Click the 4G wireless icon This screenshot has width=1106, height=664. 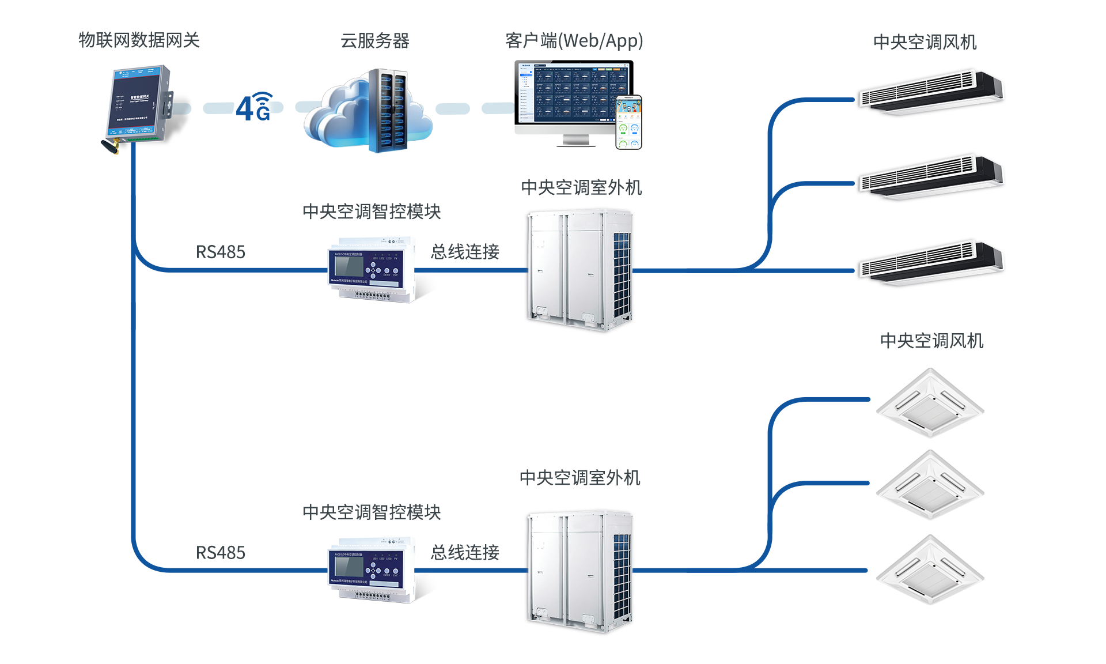point(254,107)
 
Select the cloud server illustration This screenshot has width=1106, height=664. point(369,110)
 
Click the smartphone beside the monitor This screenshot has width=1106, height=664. point(628,122)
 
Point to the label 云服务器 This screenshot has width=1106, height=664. point(375,41)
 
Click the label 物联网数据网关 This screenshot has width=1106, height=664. point(139,40)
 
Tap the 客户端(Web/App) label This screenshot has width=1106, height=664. point(574,41)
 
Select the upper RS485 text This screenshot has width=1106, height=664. point(221,252)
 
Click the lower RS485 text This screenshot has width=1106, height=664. point(221,553)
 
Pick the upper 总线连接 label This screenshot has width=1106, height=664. point(465,252)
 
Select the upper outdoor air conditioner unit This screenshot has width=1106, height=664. point(579,270)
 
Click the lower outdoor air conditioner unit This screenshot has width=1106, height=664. point(579,571)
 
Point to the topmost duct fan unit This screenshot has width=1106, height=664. point(930,92)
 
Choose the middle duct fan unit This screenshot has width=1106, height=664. point(930,176)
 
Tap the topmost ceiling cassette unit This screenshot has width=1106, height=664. point(930,403)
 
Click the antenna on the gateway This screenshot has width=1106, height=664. point(110,146)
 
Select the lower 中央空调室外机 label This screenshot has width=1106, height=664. point(579,478)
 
